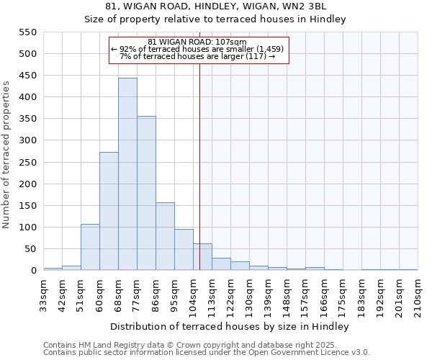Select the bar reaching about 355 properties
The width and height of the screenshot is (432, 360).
[x=146, y=193]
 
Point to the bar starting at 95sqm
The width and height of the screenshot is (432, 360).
[x=184, y=250]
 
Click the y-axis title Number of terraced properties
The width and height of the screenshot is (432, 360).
[x=7, y=155]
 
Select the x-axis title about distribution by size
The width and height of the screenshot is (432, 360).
[x=230, y=326]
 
